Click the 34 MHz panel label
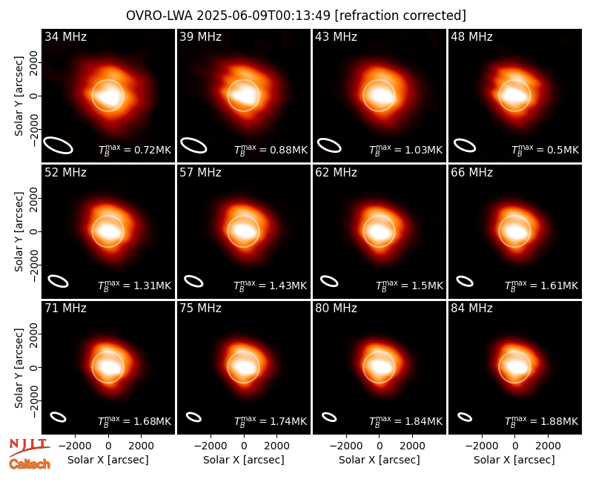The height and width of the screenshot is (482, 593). pos(65,36)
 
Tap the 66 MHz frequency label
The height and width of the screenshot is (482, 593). pos(471,173)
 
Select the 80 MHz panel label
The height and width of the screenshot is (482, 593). pos(336,308)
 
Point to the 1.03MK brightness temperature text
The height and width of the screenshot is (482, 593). pos(405,150)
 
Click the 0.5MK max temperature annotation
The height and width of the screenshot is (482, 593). pos(545,150)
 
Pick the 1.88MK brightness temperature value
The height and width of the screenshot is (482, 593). pos(542,421)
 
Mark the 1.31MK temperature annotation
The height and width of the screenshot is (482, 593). pos(135,285)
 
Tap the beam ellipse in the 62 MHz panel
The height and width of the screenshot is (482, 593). pos(329,282)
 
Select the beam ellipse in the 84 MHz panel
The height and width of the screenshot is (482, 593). pos(465,417)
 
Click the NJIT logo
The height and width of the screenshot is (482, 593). pos(29,446)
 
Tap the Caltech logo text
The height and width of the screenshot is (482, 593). pos(30,464)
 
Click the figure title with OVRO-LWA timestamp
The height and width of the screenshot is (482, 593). pos(296,16)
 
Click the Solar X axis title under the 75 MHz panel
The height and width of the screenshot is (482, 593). pos(244,460)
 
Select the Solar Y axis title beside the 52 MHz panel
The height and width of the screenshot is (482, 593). pos(19,231)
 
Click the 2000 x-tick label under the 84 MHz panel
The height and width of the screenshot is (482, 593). pos(548,446)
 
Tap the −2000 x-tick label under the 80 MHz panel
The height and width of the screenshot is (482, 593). pos(345,446)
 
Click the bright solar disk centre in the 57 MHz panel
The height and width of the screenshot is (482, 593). pos(244,231)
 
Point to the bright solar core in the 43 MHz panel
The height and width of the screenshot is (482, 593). pos(380,96)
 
